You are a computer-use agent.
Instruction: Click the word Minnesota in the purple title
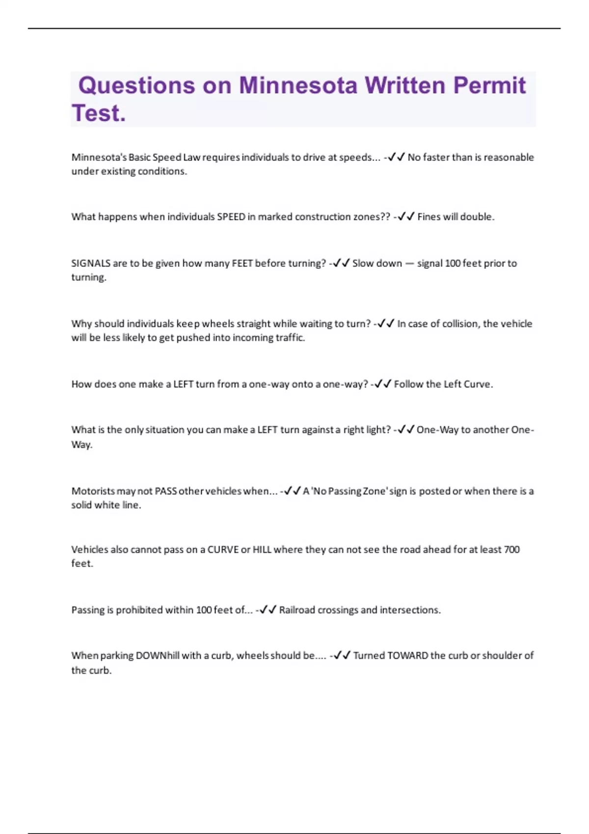298,86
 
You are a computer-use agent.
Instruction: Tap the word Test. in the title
99,113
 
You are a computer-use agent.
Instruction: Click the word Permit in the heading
489,86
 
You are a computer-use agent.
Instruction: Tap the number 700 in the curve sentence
511,549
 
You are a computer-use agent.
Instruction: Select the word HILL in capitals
262,549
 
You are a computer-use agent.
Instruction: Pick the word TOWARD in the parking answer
407,655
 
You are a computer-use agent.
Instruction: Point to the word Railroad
297,610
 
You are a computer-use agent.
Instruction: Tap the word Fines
429,217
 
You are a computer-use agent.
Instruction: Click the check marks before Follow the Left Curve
382,384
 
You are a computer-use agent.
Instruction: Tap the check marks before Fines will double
406,217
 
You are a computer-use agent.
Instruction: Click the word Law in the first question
191,157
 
